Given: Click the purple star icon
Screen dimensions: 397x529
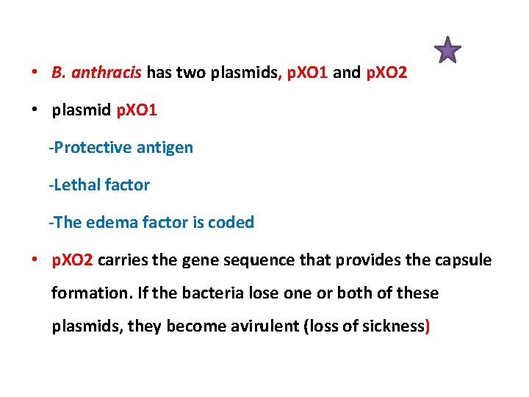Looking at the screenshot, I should click(447, 51).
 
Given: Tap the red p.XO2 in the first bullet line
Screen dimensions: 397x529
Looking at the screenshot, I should click(386, 74).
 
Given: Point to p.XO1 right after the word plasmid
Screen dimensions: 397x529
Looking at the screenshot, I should click(137, 111).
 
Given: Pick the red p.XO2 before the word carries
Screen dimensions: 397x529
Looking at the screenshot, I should click(72, 260).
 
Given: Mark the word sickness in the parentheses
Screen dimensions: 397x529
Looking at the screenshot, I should click(394, 326).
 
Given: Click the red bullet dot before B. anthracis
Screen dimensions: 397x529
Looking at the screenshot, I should click(35, 74).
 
